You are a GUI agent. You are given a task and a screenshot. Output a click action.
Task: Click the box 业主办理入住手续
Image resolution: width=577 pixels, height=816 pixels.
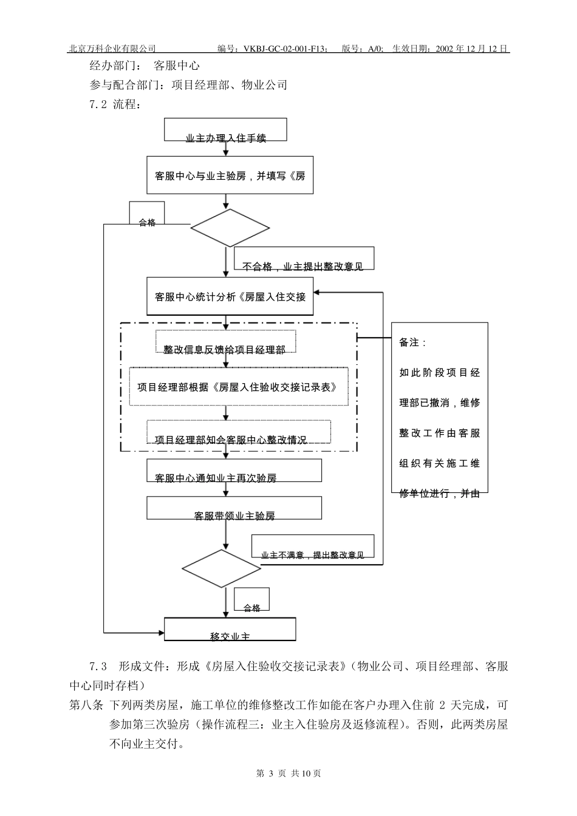point(225,130)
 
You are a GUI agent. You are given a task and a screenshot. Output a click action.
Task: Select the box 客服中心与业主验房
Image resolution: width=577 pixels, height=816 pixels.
point(230,175)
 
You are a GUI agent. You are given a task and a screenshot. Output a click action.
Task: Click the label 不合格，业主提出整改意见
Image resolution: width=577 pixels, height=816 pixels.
point(303,259)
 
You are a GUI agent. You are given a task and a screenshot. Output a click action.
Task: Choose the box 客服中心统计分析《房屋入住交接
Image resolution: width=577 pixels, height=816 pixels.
point(230,297)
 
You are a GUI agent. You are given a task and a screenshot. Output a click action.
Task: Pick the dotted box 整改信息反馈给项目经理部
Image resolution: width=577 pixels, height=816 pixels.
point(225,342)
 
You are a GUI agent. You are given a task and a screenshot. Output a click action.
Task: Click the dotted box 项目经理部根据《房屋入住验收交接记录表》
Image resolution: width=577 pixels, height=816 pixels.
point(238,386)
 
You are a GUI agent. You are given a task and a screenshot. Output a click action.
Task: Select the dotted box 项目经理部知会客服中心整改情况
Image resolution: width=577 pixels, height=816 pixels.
point(239,432)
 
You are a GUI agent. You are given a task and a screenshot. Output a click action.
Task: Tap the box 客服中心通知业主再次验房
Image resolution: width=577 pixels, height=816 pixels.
point(234,471)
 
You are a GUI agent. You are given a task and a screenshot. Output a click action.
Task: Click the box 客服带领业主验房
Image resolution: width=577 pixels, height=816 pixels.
point(234,508)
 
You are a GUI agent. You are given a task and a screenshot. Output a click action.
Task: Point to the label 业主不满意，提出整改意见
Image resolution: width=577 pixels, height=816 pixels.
point(312,547)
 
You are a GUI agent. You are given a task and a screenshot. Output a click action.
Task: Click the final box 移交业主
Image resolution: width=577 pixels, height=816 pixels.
point(230,630)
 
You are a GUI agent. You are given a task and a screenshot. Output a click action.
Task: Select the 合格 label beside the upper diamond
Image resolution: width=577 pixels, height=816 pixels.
point(147,216)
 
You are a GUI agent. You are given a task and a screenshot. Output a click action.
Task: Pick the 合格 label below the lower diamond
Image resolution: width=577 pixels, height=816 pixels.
point(251,601)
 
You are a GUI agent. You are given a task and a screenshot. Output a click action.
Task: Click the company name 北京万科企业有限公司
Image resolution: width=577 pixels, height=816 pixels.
point(112,49)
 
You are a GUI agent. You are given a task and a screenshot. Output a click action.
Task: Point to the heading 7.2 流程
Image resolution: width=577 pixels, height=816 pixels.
point(115,104)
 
